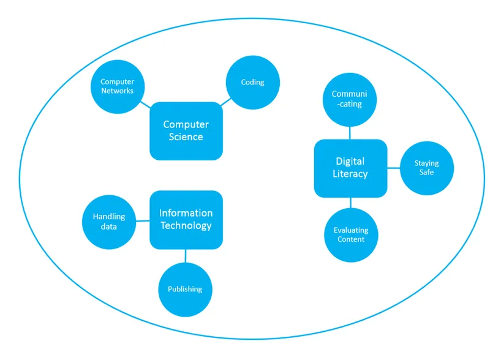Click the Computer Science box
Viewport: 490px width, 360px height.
tap(186, 130)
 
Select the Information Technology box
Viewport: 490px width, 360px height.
tap(186, 219)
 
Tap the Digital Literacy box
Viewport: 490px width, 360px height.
tap(350, 168)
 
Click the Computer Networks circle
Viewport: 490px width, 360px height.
tap(118, 86)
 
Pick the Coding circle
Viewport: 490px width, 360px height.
tap(252, 83)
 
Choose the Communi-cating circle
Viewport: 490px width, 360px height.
tap(350, 99)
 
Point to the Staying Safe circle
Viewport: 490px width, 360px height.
tap(426, 168)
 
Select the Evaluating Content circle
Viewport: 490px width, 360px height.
tap(351, 235)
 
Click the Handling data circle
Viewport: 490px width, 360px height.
tap(109, 221)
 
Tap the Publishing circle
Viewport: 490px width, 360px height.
tap(185, 289)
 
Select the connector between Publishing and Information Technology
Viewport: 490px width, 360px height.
tap(185, 255)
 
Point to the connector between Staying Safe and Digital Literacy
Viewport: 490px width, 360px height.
tap(393, 168)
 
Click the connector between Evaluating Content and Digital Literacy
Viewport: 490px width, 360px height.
tap(350, 203)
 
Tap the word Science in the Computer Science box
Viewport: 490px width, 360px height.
tap(186, 137)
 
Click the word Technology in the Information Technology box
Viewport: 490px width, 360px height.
tap(186, 226)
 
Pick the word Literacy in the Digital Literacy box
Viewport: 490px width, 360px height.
tap(350, 174)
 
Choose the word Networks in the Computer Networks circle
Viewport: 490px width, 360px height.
tap(118, 91)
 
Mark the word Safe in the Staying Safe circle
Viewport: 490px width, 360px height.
tap(426, 173)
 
